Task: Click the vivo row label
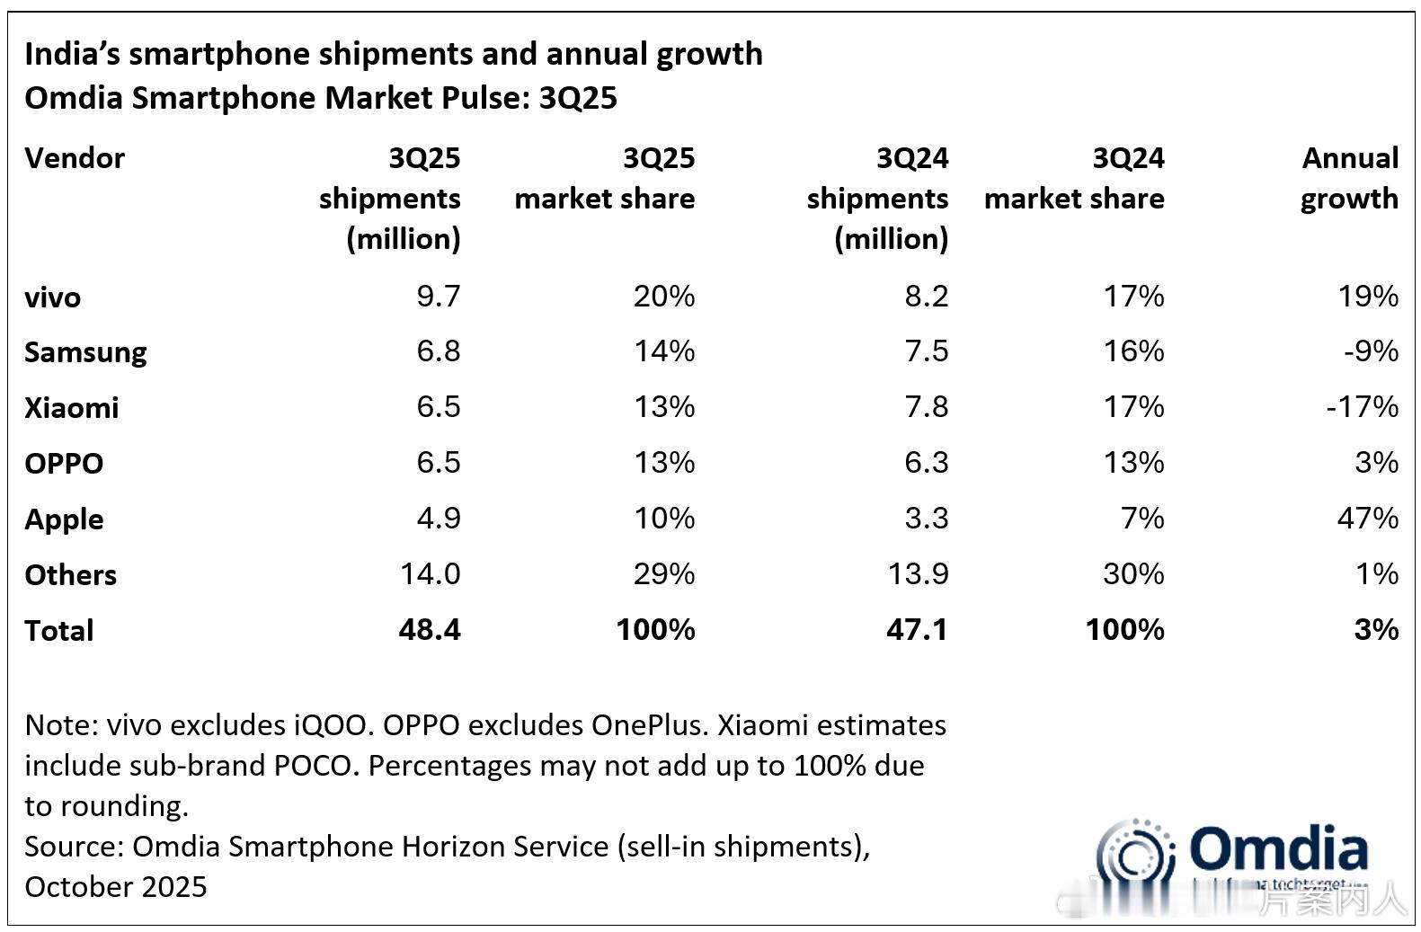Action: tap(52, 297)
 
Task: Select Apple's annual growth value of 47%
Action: tap(1367, 519)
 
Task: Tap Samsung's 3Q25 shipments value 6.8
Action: tap(438, 351)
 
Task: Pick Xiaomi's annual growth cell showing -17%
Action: tap(1362, 407)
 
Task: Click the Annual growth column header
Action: tap(1349, 178)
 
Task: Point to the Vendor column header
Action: tap(75, 158)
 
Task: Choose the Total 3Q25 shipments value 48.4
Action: tap(429, 630)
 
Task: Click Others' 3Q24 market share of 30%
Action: tap(1132, 574)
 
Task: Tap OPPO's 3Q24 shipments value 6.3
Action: tap(926, 463)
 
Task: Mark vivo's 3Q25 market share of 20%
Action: tap(663, 297)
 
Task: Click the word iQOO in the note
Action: tap(331, 725)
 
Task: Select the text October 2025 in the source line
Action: tap(116, 887)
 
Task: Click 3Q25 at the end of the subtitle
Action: tap(578, 98)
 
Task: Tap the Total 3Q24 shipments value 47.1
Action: tap(916, 630)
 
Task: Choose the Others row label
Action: tap(70, 575)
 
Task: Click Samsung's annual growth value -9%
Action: tap(1371, 351)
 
